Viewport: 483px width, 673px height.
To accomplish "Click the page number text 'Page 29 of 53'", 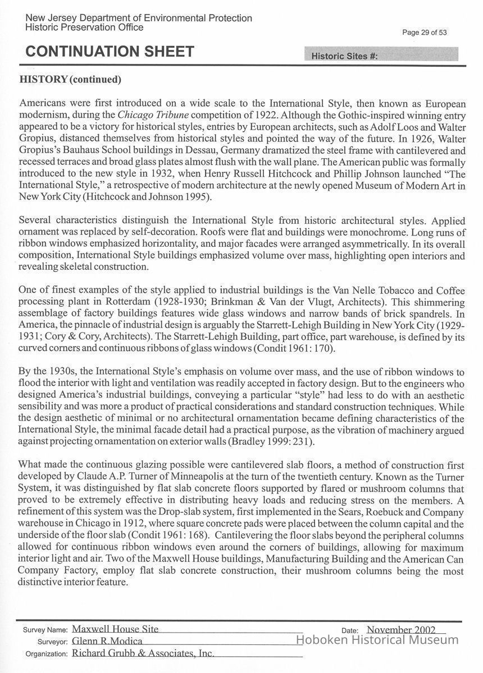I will click(x=425, y=33).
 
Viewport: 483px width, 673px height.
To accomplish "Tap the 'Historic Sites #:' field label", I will click(x=344, y=56).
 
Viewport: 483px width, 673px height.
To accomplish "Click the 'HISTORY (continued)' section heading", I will click(x=70, y=79).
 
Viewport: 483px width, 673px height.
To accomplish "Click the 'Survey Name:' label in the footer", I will click(x=44, y=629).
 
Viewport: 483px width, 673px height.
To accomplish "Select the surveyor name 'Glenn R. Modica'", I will click(x=107, y=641).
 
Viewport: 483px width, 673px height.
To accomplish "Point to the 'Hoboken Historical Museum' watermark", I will click(x=377, y=640).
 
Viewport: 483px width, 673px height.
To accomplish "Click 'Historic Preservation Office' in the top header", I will click(x=84, y=27).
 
